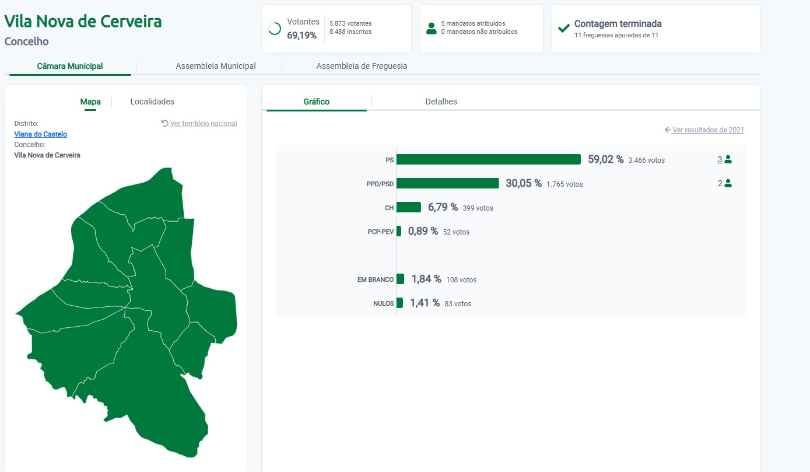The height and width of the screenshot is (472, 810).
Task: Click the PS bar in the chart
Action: click(489, 159)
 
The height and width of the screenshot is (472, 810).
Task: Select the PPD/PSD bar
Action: click(448, 183)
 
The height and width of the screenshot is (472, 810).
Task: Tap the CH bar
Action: click(409, 207)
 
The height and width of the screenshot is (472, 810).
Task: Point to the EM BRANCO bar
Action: click(400, 279)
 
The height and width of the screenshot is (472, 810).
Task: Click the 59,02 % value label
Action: click(606, 159)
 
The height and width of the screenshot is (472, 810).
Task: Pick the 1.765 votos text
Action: click(564, 184)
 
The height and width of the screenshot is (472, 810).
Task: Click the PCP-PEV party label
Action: click(380, 232)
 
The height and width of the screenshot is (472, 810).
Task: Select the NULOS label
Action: click(383, 303)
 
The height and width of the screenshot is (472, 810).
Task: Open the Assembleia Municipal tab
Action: click(216, 66)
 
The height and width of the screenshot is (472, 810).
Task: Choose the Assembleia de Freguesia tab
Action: click(362, 66)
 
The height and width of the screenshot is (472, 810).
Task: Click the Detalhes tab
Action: click(441, 102)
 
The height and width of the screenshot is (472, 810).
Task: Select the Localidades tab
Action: click(152, 102)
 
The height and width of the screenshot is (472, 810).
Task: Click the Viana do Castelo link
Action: click(40, 134)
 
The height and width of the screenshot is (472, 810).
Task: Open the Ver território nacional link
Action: click(199, 123)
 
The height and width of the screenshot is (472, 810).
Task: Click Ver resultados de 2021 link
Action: click(704, 130)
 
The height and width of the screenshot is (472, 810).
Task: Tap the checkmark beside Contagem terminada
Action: click(564, 28)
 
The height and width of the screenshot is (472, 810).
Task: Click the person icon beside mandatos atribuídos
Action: click(432, 28)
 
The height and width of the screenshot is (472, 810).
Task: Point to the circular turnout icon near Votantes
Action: click(275, 29)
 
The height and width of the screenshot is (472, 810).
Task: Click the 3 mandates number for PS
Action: click(720, 159)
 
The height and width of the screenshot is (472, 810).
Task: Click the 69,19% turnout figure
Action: click(301, 36)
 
